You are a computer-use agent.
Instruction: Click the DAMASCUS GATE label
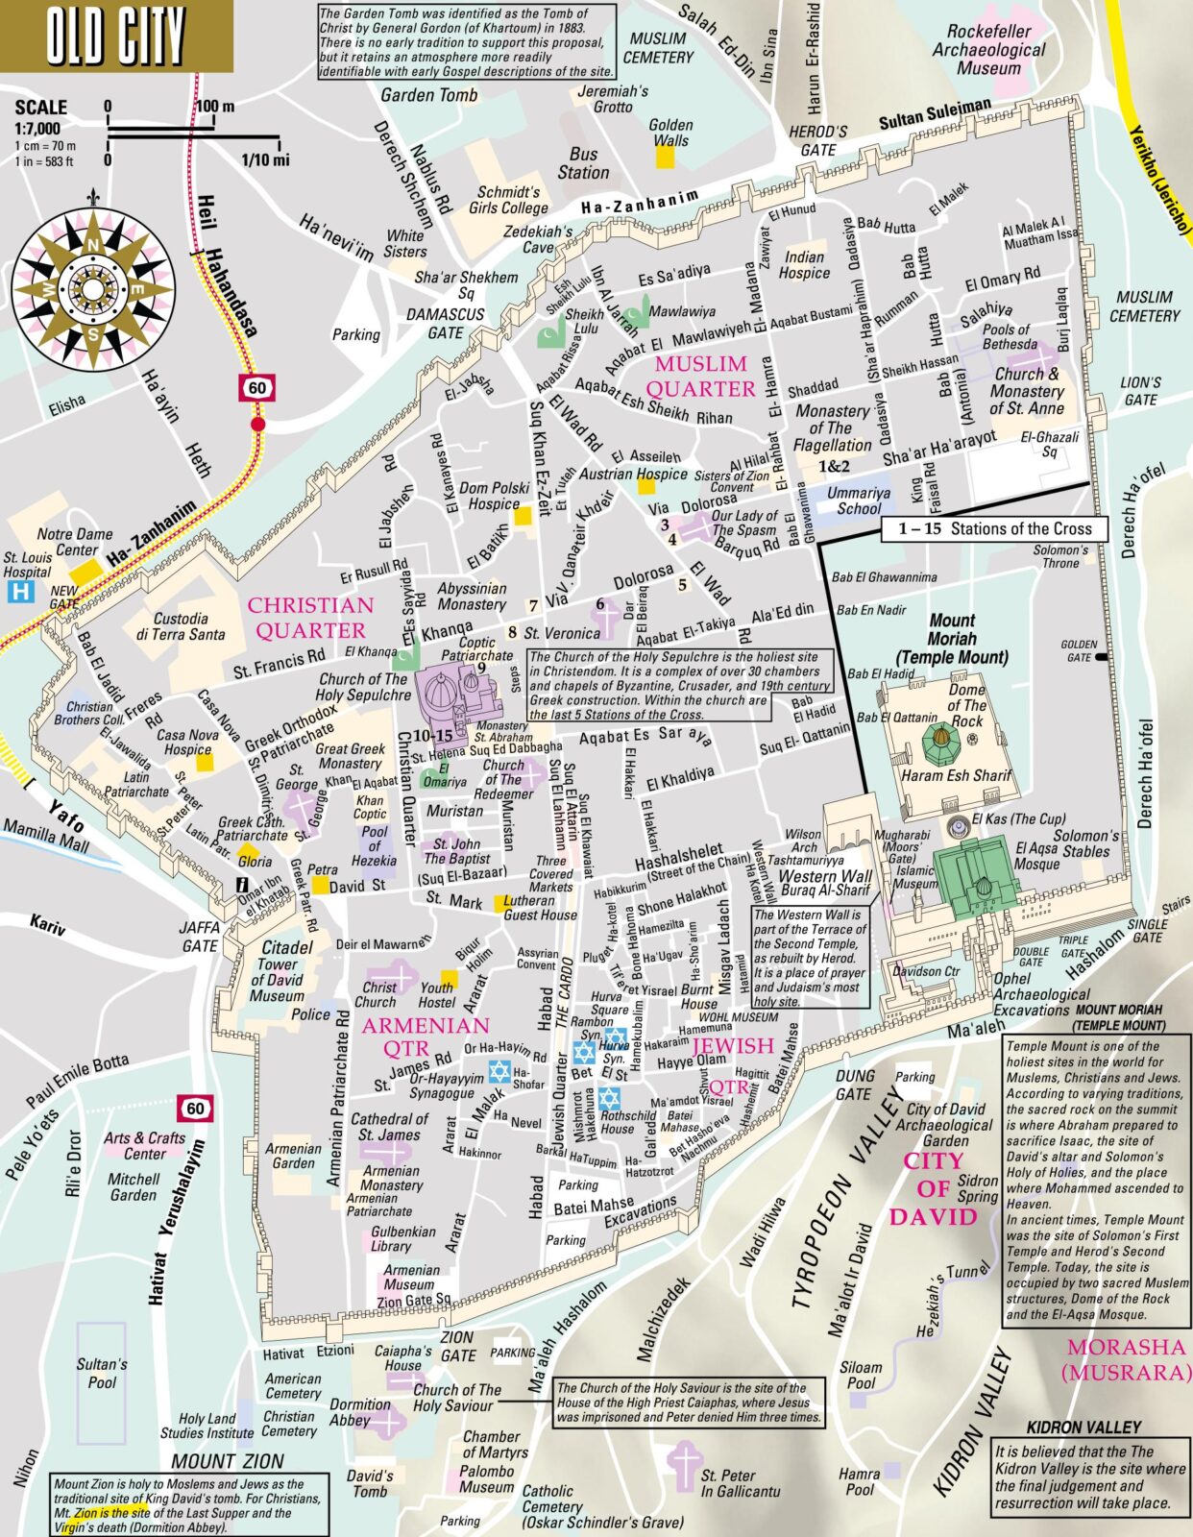click(445, 323)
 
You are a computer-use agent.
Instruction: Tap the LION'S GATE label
click(1140, 390)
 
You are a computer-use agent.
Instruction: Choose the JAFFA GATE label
click(199, 937)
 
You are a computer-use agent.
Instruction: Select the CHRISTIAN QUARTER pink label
click(310, 618)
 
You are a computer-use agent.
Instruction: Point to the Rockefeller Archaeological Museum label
click(988, 50)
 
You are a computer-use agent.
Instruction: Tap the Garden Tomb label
click(428, 95)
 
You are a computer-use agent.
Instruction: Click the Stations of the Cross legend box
click(994, 528)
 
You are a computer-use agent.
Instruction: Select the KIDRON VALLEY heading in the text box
click(1083, 1427)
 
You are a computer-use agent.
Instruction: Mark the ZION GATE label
click(457, 1346)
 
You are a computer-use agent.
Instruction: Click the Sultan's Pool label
click(101, 1373)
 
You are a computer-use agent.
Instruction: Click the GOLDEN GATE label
click(1079, 651)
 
